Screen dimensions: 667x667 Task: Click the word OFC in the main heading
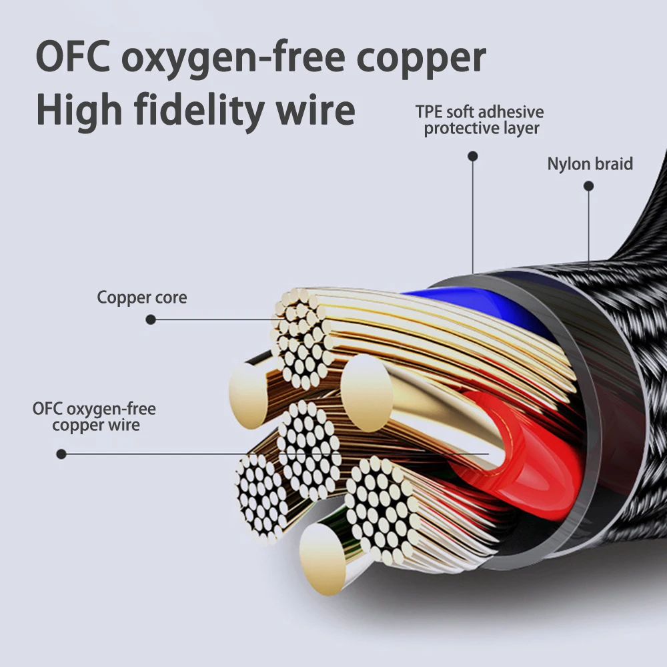coord(73,56)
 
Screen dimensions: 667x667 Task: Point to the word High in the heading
coord(79,110)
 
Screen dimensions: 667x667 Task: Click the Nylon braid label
coord(590,164)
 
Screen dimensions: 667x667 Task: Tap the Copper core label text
coord(141,297)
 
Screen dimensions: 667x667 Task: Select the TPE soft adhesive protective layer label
coord(480,120)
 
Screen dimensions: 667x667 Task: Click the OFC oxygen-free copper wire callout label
coord(95,417)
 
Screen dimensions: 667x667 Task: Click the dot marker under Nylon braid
coord(589,186)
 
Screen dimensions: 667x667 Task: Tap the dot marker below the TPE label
coord(473,156)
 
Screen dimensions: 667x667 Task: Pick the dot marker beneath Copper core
coord(151,319)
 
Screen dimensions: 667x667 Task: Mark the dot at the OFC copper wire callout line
coord(61,454)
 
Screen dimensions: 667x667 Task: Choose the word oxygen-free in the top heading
coord(233,59)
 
